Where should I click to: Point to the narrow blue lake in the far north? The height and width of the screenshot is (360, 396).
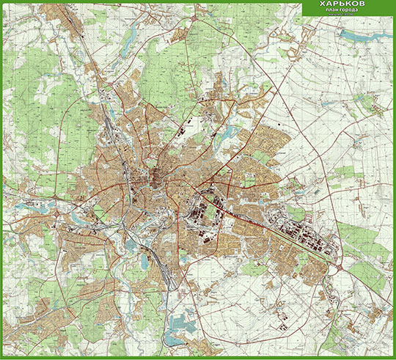pyautogui.click(x=129, y=44)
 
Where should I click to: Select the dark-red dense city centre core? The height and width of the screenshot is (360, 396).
pyautogui.click(x=158, y=176)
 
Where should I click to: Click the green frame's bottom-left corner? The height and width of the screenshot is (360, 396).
pyautogui.click(x=1, y=358)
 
